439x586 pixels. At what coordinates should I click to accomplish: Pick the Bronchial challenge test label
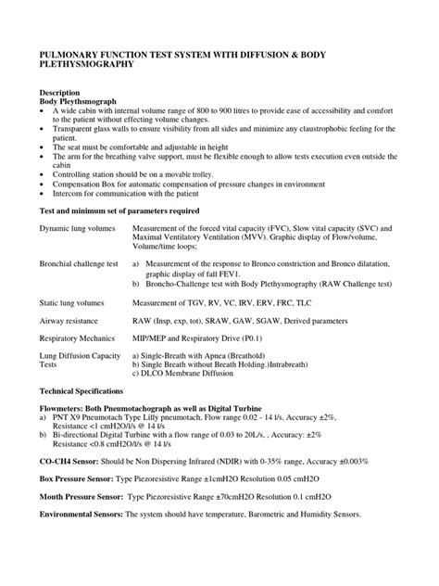(78, 264)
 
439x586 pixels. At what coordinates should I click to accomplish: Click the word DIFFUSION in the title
(301, 55)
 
